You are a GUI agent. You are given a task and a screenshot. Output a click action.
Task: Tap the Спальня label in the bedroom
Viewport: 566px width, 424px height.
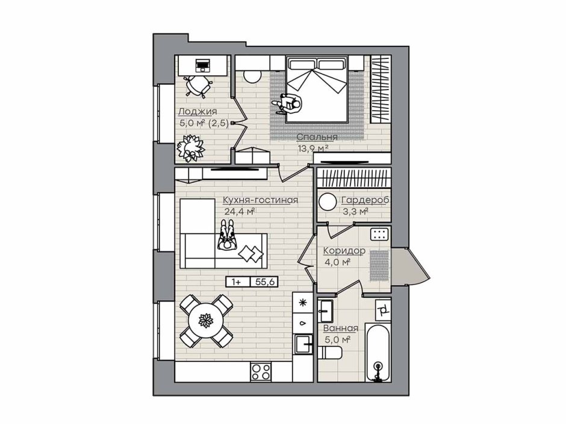click(317, 137)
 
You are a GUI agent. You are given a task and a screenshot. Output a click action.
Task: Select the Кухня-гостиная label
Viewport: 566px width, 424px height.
click(260, 200)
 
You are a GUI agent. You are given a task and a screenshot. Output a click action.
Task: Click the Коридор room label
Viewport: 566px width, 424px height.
click(344, 250)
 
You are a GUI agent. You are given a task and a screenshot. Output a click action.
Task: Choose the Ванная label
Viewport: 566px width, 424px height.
click(340, 328)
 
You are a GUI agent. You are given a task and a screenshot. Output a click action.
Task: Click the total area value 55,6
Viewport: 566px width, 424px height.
click(264, 282)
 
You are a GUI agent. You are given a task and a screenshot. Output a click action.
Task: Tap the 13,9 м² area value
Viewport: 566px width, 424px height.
click(313, 148)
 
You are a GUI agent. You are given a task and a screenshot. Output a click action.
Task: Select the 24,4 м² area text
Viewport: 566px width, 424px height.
click(240, 211)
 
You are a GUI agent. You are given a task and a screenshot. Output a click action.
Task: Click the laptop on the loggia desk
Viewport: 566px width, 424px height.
click(202, 66)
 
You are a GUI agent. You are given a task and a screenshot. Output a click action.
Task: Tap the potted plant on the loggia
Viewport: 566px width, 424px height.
click(190, 148)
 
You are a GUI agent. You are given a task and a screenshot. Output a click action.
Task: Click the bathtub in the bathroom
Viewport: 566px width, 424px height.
click(378, 352)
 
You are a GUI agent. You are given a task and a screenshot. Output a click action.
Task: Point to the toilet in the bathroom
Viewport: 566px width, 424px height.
click(330, 352)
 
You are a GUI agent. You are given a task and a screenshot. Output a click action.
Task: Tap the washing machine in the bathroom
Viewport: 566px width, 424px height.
click(383, 309)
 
